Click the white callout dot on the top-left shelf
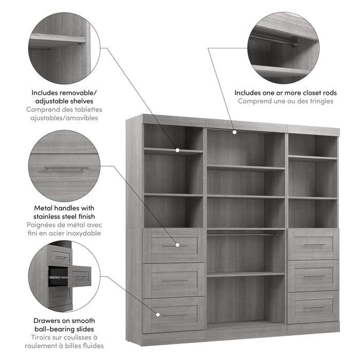tap(177, 150)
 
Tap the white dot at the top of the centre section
tap(235, 132)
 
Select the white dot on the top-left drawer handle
tap(177, 245)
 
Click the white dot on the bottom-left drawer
tap(158, 315)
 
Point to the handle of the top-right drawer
tap(315, 245)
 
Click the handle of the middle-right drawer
tap(315, 276)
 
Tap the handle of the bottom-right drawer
tap(315, 308)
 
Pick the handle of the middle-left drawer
tap(176, 281)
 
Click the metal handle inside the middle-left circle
tap(66, 169)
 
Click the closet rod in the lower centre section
tap(242, 235)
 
